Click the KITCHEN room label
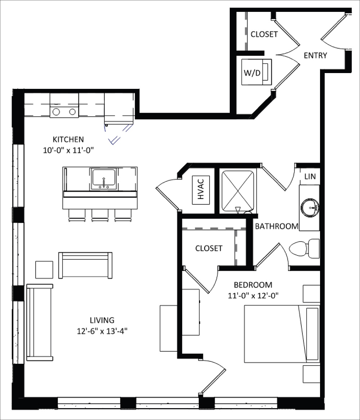click(x=68, y=139)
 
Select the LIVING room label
click(x=102, y=320)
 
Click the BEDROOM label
click(x=253, y=285)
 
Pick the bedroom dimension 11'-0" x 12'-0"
click(x=253, y=295)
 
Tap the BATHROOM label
click(x=276, y=226)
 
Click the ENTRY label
click(x=315, y=55)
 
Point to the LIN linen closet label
click(x=310, y=177)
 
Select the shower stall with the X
click(x=238, y=191)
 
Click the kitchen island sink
click(x=104, y=179)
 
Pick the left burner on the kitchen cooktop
click(x=57, y=112)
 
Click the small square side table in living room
click(x=44, y=270)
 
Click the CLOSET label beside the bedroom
click(x=209, y=248)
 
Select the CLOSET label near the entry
click(x=264, y=34)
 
